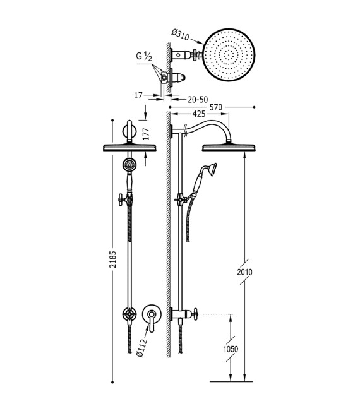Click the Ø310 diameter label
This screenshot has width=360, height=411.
(181, 35)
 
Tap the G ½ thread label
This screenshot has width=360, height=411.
(144, 56)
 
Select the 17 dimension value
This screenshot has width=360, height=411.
(138, 95)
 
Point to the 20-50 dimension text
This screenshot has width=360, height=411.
(198, 100)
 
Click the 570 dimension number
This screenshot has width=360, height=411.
(216, 107)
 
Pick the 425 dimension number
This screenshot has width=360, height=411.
(199, 114)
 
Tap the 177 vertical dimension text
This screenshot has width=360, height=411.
(146, 134)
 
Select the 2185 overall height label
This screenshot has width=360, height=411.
(112, 259)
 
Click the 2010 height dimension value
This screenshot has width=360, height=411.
(244, 272)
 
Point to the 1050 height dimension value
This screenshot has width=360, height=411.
(231, 349)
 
